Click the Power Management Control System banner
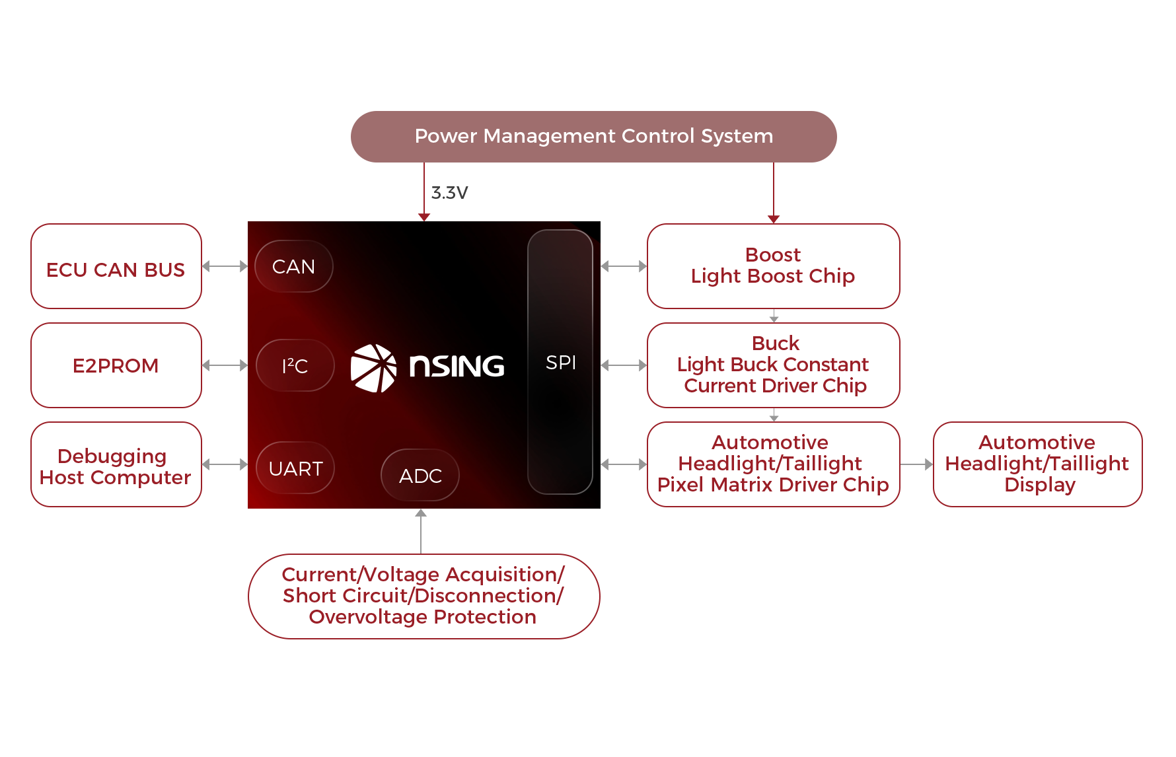point(593,136)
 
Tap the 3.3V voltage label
point(449,193)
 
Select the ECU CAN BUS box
point(116,266)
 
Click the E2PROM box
point(116,365)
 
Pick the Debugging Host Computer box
point(116,465)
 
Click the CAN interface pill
point(294,266)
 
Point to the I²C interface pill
point(295,365)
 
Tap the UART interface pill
point(295,468)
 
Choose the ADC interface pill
point(420,476)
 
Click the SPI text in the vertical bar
point(561,363)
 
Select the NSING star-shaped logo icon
point(374,367)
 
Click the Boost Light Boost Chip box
point(773,266)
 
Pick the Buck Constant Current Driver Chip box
point(773,365)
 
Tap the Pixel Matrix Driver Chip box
point(773,464)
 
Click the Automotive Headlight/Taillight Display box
point(1037,464)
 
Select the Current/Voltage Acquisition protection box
point(423,596)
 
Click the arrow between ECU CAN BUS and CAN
point(225,266)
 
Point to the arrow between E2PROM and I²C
point(225,365)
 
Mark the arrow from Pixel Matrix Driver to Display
point(917,464)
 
